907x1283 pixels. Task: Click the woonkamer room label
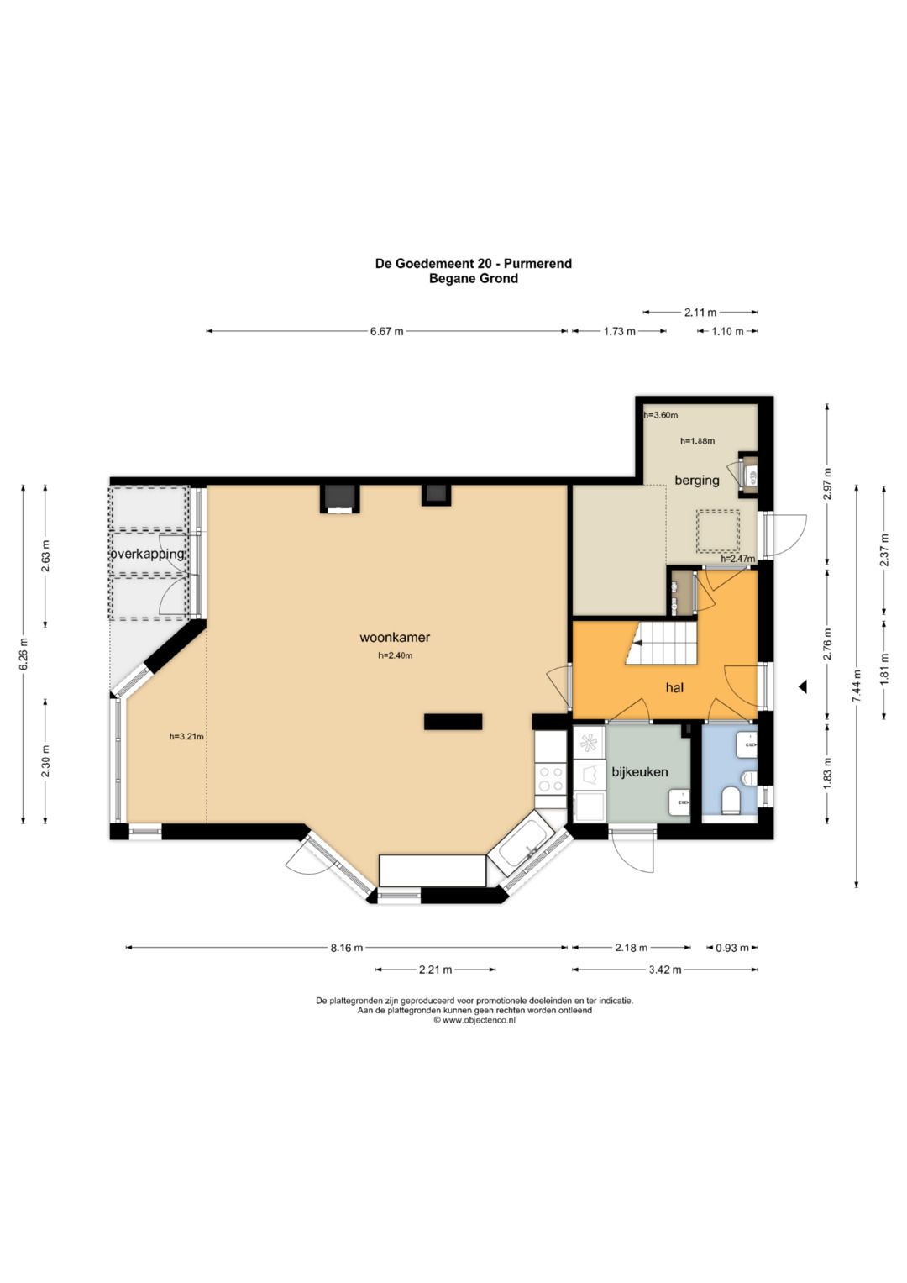coord(395,637)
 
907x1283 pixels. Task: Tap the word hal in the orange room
coord(674,687)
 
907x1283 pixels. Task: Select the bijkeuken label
coord(640,772)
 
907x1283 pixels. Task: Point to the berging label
coord(697,480)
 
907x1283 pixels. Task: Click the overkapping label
coord(148,554)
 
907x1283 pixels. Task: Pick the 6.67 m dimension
coord(387,331)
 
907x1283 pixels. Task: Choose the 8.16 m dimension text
coord(346,948)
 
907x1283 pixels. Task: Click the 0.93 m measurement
coord(732,948)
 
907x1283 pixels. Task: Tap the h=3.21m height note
coord(186,737)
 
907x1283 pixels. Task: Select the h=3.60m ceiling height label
coord(661,415)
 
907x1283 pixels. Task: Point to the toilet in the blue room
coord(731,801)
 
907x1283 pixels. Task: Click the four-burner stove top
coord(550,779)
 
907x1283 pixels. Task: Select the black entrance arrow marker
coord(804,686)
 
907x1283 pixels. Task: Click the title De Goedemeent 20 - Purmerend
coord(474,264)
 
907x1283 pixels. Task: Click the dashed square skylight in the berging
coord(718,531)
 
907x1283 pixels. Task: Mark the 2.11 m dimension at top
coord(700,313)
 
